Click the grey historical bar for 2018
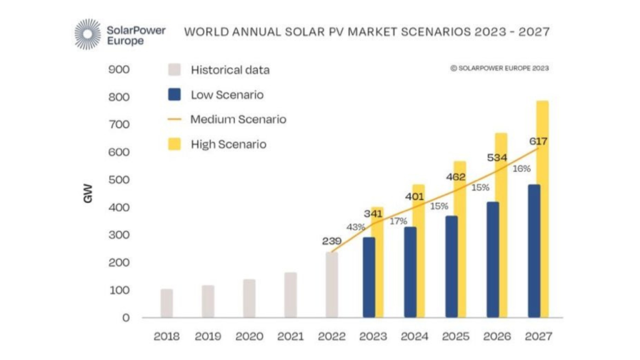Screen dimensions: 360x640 click(166, 303)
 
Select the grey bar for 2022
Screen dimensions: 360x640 click(331, 285)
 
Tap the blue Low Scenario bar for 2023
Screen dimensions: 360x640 click(369, 277)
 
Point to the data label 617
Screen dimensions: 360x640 click(537, 141)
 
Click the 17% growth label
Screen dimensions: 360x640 click(397, 221)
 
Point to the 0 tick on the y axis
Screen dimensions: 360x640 click(126, 318)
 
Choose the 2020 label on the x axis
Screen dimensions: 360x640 click(249, 336)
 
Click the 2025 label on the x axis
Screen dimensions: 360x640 click(456, 336)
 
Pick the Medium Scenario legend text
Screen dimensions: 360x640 click(238, 119)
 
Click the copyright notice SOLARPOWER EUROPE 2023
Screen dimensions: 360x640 click(499, 68)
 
